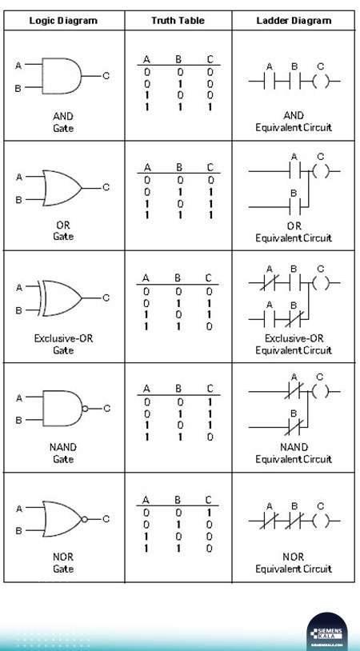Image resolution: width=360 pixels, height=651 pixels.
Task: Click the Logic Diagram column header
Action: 63,20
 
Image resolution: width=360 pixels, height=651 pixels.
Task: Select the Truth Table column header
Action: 178,20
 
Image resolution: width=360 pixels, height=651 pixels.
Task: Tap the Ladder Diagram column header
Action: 294,20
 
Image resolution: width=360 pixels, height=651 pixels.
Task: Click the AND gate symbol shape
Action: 62,76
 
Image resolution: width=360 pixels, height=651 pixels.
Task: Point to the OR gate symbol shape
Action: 62,188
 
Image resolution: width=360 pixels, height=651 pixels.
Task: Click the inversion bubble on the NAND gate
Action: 85,409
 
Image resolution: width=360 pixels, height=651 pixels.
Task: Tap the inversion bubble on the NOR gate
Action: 85,519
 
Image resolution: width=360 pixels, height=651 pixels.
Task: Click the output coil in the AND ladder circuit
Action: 320,82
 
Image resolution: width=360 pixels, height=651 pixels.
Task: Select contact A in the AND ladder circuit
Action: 269,82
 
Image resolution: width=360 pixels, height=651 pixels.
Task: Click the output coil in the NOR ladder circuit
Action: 320,521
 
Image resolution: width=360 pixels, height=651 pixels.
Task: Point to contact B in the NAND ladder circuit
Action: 294,427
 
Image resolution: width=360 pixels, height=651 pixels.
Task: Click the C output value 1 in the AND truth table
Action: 210,107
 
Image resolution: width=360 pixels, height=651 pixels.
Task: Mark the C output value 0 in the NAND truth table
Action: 210,437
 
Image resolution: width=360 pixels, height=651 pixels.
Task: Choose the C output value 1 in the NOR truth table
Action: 210,513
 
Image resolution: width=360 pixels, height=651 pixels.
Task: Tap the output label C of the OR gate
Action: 106,188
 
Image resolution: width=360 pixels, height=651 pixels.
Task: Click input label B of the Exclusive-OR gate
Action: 18,310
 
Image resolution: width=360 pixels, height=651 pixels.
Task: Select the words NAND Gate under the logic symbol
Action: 63,453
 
